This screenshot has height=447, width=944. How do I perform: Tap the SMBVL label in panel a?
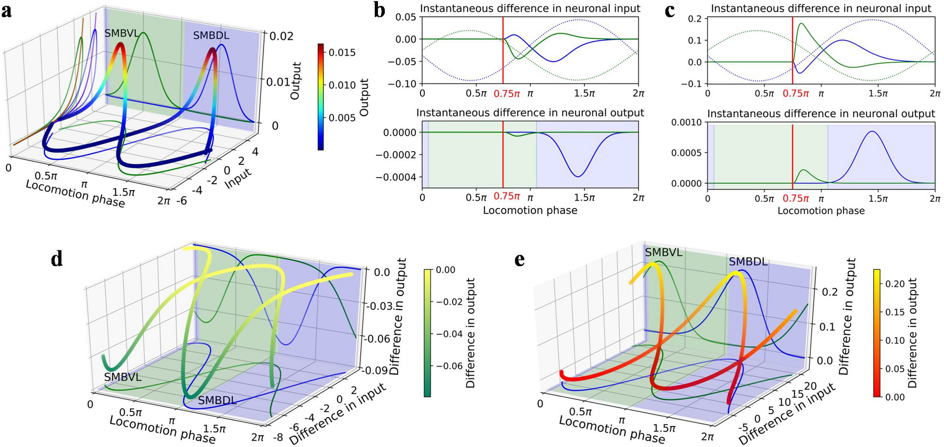tap(121, 33)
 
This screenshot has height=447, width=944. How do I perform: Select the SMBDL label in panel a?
tap(211, 36)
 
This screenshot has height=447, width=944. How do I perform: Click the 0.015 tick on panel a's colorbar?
tap(342, 52)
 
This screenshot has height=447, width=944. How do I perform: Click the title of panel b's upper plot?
tap(530, 8)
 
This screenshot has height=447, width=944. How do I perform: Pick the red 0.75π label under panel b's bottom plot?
tap(506, 196)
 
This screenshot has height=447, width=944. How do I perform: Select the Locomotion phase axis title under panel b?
tap(530, 210)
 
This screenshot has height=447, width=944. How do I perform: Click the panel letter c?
tap(670, 11)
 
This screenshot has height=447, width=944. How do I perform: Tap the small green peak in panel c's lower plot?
tap(803, 170)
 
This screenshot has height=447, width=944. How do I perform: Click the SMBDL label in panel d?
tap(217, 400)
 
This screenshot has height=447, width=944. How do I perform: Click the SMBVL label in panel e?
tap(663, 253)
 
